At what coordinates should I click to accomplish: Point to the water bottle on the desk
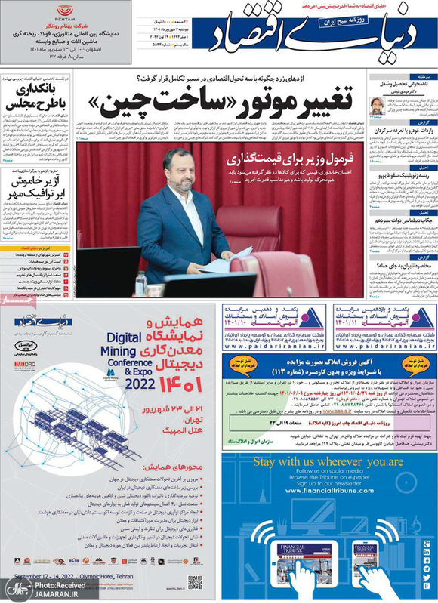(x=140, y=283)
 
